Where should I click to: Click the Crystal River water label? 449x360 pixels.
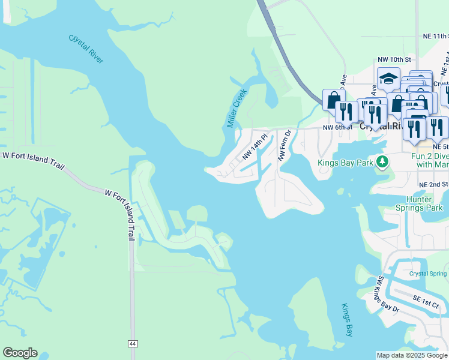click(86, 49)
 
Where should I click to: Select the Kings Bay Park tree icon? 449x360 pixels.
click(381, 162)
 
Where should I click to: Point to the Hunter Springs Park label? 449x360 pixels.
click(423, 203)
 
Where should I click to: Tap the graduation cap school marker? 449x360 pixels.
click(388, 79)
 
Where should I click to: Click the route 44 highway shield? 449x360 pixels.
click(131, 343)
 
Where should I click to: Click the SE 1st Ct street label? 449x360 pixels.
click(425, 301)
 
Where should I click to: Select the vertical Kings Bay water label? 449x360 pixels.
click(346, 320)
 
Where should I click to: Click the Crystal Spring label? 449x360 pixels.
click(429, 274)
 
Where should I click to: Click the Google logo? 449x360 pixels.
click(20, 353)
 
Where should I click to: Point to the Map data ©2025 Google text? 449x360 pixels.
click(412, 355)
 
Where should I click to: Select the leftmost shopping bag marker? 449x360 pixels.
click(333, 100)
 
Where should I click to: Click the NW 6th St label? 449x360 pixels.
click(336, 128)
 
